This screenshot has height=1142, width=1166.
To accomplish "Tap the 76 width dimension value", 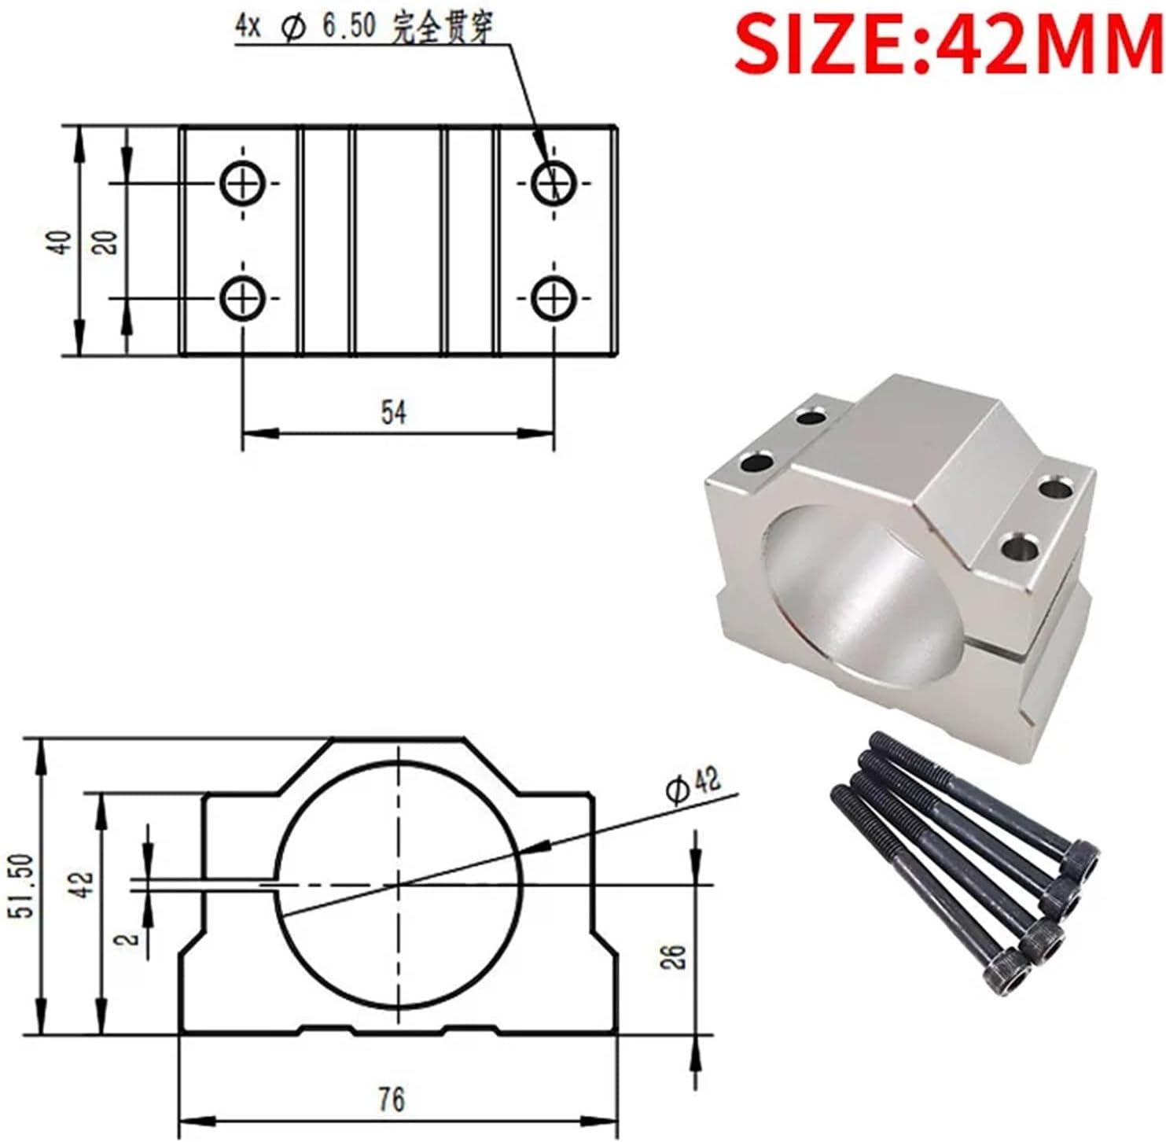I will click(x=391, y=1099).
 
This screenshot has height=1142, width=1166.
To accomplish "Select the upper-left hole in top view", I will click(x=243, y=183).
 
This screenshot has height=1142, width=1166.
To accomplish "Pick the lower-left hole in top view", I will click(x=243, y=299).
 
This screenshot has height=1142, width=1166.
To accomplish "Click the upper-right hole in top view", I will click(x=554, y=183).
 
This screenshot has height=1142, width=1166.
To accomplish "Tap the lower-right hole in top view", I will click(x=554, y=299).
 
